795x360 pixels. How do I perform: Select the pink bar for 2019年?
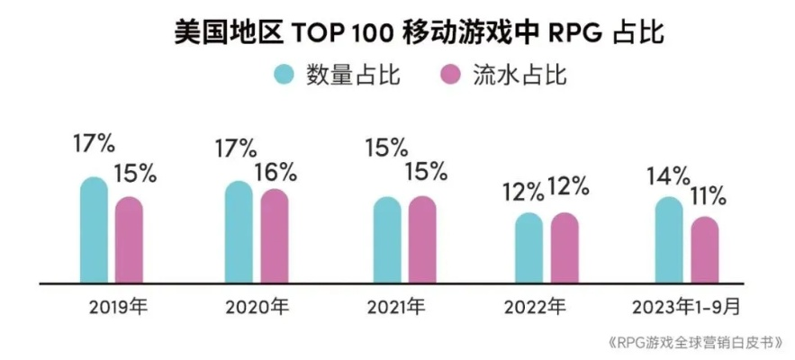click(x=129, y=240)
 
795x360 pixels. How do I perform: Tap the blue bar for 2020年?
click(x=239, y=233)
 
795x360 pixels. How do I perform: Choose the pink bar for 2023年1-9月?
click(x=704, y=249)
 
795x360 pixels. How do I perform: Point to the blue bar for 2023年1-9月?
click(x=669, y=240)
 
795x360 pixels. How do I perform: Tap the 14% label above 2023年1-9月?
click(x=665, y=176)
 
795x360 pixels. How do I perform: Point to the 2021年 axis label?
click(x=394, y=307)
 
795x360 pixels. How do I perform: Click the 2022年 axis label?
click(x=537, y=307)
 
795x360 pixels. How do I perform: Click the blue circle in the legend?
click(x=285, y=76)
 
